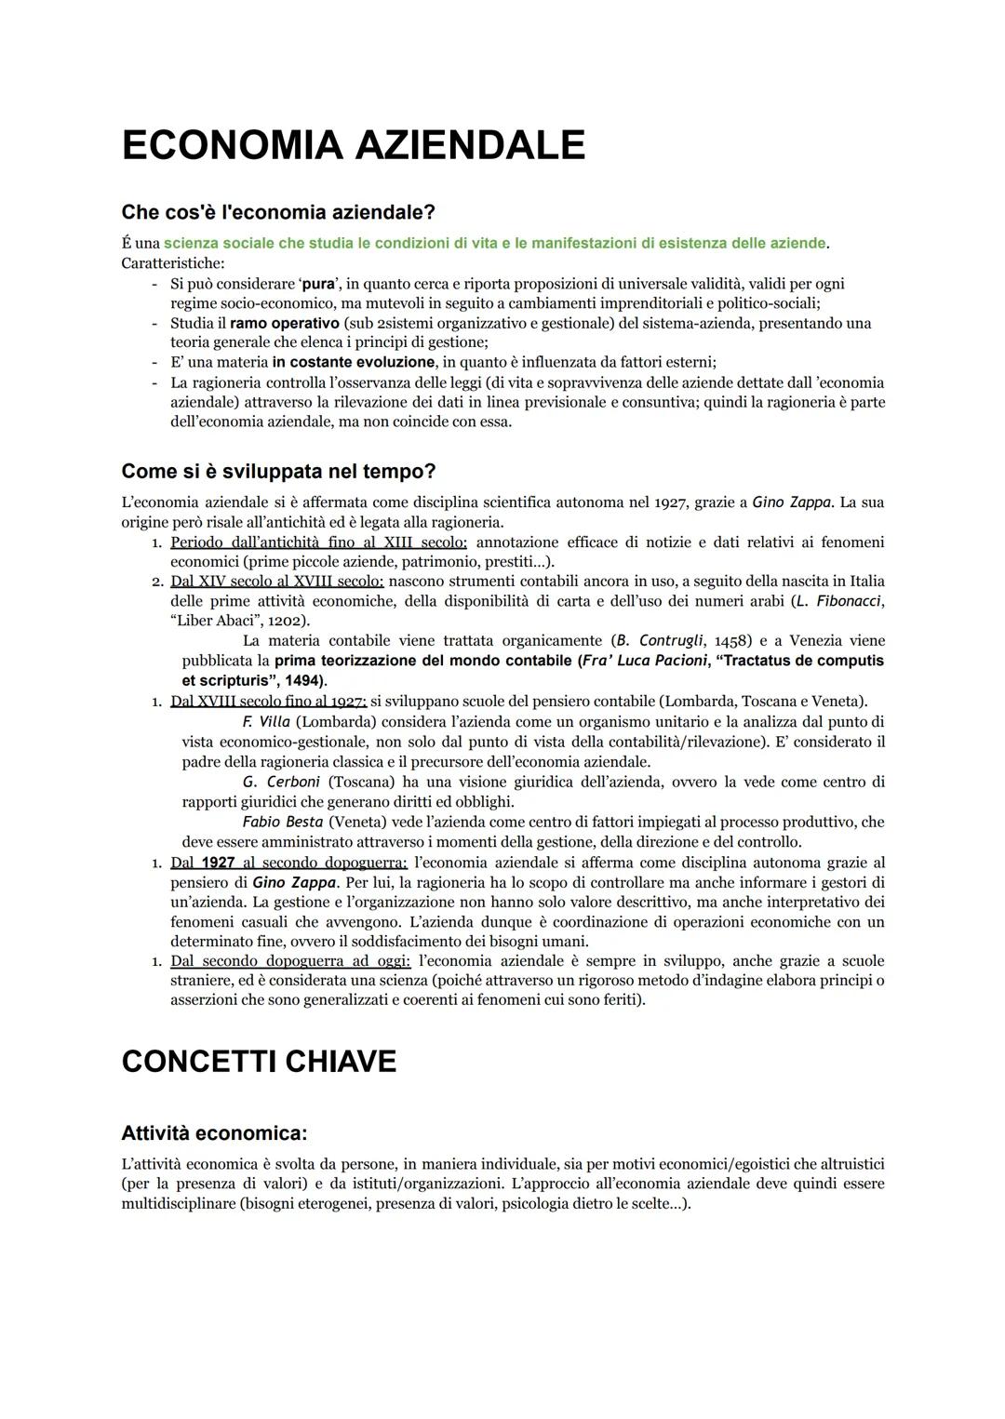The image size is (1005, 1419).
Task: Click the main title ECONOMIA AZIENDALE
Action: tap(353, 145)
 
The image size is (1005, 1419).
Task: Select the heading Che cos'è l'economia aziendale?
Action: tap(278, 212)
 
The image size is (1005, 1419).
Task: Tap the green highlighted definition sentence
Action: tap(495, 243)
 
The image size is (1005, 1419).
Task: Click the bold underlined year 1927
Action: tap(218, 863)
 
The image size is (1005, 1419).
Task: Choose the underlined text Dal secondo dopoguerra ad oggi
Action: tap(289, 960)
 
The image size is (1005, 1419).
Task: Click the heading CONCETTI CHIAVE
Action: tap(259, 1062)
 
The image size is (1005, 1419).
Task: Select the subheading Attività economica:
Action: tap(214, 1133)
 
